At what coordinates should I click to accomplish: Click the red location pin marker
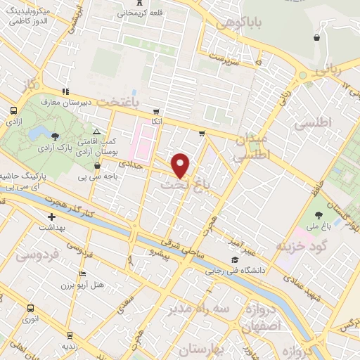point(181,165)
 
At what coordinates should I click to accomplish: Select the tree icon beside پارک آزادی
point(65,136)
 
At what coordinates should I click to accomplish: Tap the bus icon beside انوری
point(30,309)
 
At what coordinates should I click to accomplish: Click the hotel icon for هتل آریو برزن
point(83,274)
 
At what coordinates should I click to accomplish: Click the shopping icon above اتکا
point(157,111)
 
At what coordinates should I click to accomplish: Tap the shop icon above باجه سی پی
point(96,166)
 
